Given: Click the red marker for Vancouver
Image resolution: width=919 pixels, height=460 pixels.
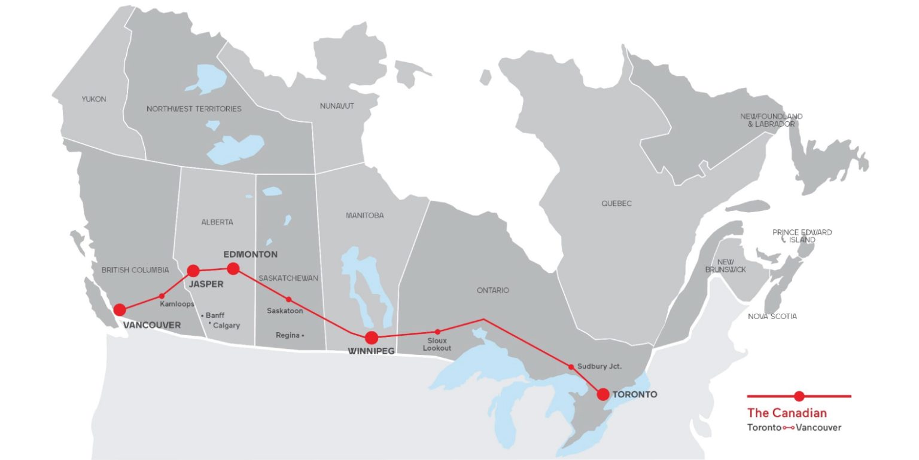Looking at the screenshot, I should [x=120, y=309].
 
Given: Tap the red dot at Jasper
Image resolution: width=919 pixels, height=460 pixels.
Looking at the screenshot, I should [x=193, y=271].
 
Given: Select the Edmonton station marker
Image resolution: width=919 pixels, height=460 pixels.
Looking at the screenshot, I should [x=233, y=268].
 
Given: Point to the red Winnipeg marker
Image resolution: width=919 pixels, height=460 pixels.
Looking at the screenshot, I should [x=372, y=337].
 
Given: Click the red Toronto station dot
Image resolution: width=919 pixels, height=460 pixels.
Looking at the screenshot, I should [x=603, y=394].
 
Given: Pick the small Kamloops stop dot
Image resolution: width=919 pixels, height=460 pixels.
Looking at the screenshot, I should [x=162, y=296].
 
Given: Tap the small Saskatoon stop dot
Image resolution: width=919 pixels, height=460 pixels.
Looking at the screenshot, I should [x=288, y=299].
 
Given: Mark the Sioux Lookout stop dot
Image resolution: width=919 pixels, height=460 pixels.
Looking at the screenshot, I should [x=437, y=332].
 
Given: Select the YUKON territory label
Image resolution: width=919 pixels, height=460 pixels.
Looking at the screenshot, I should [x=93, y=99].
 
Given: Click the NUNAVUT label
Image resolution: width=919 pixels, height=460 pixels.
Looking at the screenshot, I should [x=337, y=106].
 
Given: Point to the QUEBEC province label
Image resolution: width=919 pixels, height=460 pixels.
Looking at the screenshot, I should [x=616, y=204].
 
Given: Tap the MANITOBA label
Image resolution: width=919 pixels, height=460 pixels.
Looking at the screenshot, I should [x=364, y=215].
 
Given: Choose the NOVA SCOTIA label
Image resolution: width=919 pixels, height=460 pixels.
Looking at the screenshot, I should [x=772, y=316].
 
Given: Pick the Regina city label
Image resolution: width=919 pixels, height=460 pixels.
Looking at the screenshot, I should [x=287, y=335].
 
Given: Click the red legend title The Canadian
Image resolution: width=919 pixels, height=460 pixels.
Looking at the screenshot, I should [x=787, y=413].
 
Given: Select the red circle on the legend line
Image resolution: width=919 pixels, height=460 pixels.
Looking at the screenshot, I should [x=799, y=395].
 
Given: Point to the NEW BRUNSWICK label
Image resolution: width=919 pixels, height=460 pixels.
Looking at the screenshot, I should [x=725, y=266].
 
